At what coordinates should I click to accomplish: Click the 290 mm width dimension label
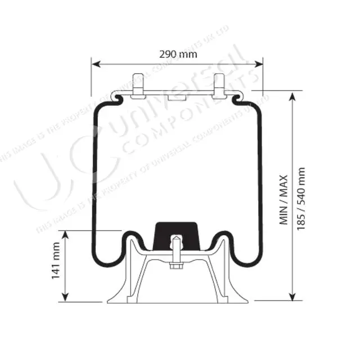click(x=178, y=55)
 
